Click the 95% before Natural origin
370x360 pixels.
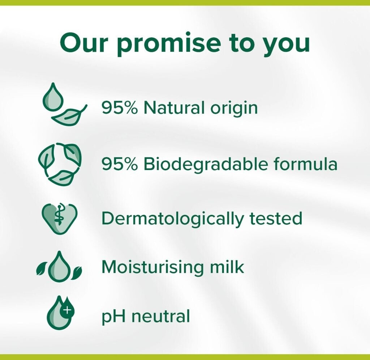pyautogui.click(x=119, y=107)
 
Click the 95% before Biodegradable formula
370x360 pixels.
pyautogui.click(x=119, y=164)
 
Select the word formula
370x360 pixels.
pyautogui.click(x=305, y=163)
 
